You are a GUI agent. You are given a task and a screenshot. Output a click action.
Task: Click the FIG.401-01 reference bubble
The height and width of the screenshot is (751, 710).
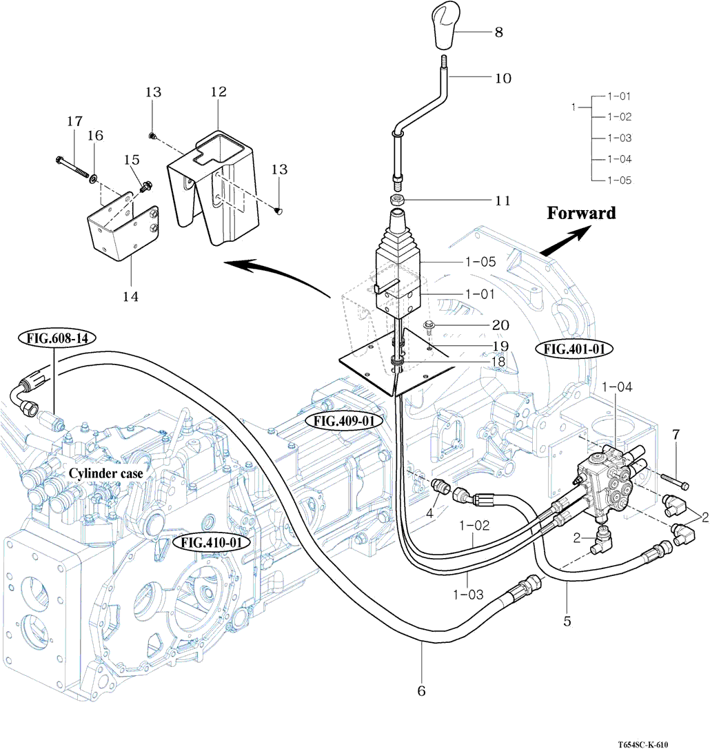[574, 349]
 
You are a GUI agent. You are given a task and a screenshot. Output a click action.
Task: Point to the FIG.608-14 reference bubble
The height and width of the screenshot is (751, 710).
[57, 338]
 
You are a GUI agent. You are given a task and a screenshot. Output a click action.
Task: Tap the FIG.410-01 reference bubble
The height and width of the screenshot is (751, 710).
[211, 542]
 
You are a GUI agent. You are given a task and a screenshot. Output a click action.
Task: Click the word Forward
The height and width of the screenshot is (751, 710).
[581, 213]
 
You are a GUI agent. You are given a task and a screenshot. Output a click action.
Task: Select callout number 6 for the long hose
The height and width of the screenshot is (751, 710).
[422, 690]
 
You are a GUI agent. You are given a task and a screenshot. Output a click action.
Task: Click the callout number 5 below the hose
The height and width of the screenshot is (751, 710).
[567, 621]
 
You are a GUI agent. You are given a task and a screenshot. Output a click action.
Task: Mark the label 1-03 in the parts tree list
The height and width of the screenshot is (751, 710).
[620, 138]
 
